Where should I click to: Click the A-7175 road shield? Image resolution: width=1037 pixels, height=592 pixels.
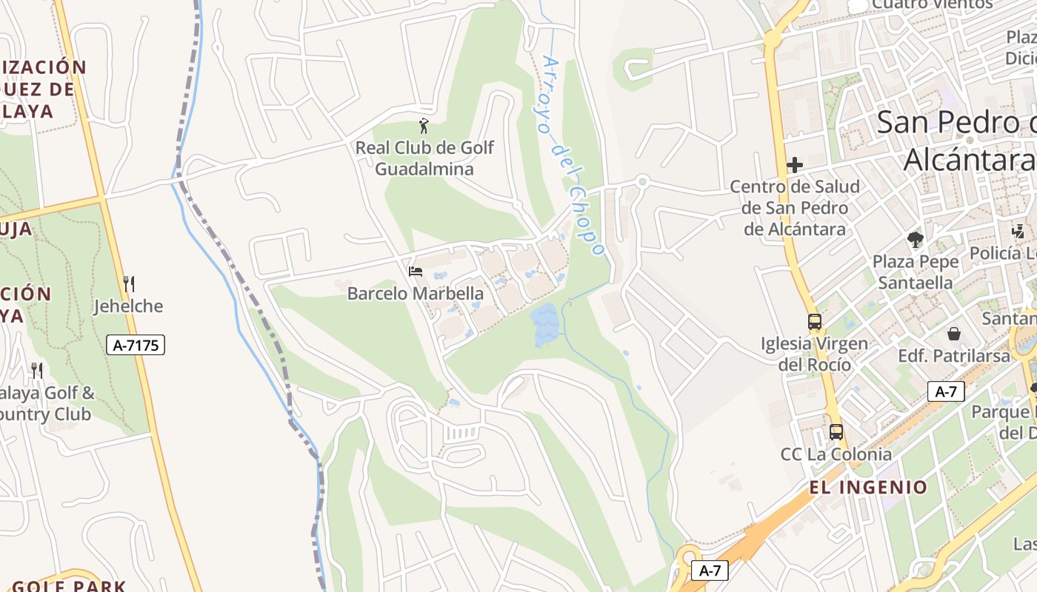pyautogui.click(x=135, y=345)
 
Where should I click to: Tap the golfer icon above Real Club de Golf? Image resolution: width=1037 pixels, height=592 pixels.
pyautogui.click(x=424, y=126)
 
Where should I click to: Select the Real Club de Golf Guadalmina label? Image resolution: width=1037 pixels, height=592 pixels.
pyautogui.click(x=424, y=158)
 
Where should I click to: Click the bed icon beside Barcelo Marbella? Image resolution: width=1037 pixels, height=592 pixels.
pyautogui.click(x=416, y=272)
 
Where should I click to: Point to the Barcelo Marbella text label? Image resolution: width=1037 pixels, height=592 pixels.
pyautogui.click(x=416, y=294)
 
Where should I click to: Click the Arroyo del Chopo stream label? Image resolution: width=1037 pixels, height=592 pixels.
pyautogui.click(x=573, y=155)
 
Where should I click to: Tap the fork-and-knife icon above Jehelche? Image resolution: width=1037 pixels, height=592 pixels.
pyautogui.click(x=129, y=284)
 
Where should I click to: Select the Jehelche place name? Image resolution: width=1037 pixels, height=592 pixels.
pyautogui.click(x=128, y=306)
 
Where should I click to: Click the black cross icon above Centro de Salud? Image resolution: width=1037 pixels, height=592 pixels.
pyautogui.click(x=795, y=164)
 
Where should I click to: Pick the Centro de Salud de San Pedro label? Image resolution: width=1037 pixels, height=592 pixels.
pyautogui.click(x=795, y=208)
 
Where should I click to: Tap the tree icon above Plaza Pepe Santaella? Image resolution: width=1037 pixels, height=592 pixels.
pyautogui.click(x=916, y=239)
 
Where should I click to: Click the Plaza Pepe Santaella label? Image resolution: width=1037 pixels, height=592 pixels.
pyautogui.click(x=916, y=272)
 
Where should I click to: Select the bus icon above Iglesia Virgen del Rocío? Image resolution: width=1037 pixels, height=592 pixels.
pyautogui.click(x=815, y=322)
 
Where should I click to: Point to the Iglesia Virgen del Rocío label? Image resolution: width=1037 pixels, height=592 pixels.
pyautogui.click(x=815, y=354)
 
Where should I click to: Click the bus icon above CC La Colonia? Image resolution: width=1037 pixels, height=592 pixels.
pyautogui.click(x=836, y=431)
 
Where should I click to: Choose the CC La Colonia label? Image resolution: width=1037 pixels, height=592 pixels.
pyautogui.click(x=836, y=454)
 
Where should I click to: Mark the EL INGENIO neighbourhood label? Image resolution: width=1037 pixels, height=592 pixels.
pyautogui.click(x=868, y=487)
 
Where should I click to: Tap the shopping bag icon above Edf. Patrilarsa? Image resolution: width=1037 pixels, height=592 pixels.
pyautogui.click(x=954, y=334)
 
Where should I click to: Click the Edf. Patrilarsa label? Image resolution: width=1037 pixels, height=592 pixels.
pyautogui.click(x=954, y=356)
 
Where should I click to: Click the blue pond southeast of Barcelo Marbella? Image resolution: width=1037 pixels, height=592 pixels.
pyautogui.click(x=546, y=325)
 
